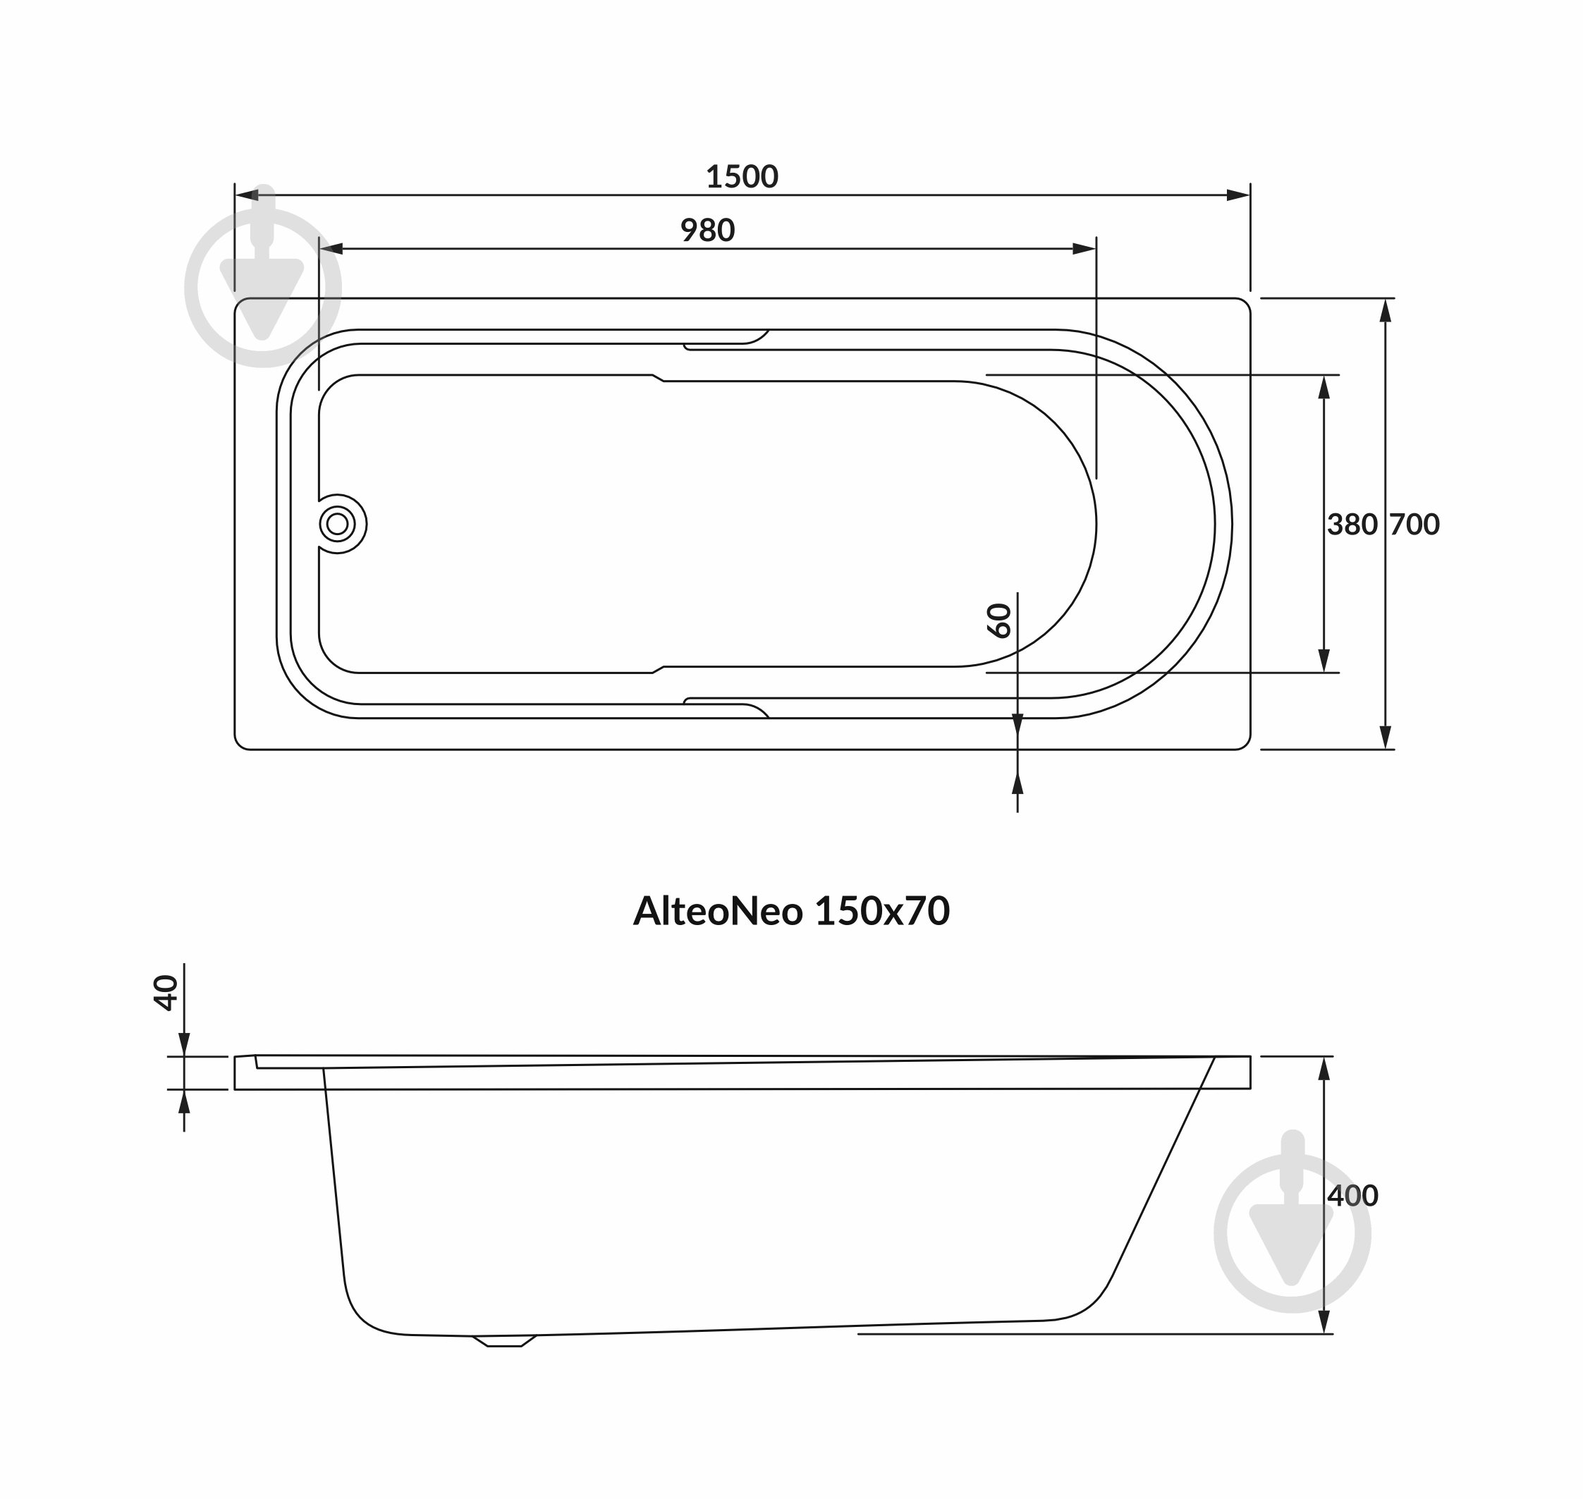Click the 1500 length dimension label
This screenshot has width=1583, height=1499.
tap(742, 176)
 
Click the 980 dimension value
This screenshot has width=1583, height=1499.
tap(707, 230)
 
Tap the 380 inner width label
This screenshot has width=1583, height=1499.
tap(1352, 524)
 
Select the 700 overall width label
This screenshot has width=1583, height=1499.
tap(1414, 524)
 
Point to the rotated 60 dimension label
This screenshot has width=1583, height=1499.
tap(1000, 621)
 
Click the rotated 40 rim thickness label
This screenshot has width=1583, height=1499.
tap(166, 993)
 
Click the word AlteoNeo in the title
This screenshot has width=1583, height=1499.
tap(718, 911)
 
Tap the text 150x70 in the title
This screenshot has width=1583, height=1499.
tap(882, 911)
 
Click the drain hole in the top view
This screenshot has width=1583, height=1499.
tap(338, 524)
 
